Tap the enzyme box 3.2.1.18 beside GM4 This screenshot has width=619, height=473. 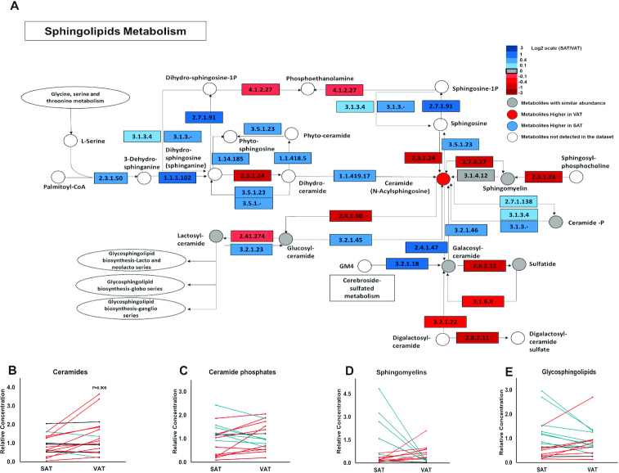click(407, 265)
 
